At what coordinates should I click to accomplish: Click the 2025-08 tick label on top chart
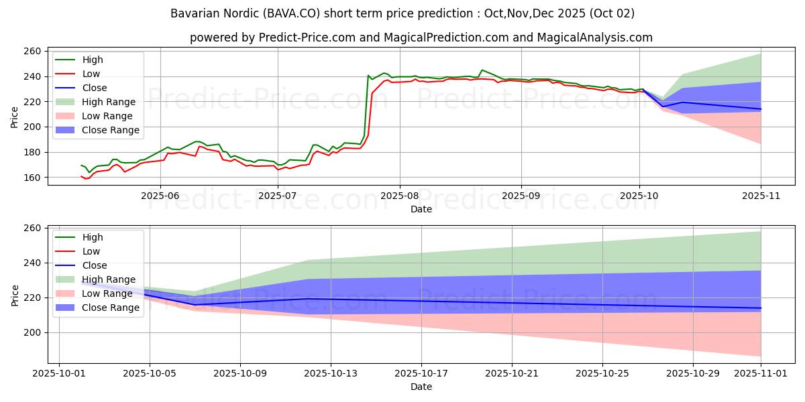pos(399,196)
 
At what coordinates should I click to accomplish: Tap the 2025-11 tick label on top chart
pos(761,196)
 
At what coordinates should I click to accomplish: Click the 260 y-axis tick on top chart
pos(32,51)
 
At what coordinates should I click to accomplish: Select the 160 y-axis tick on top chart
pos(32,178)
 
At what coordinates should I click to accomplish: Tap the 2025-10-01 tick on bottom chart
pos(59,374)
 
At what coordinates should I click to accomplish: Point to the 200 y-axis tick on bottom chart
pos(32,332)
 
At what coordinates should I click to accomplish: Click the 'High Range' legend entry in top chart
pos(108,102)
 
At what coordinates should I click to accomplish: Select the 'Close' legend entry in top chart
pos(93,88)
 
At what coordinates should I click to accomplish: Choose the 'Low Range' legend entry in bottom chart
pos(107,293)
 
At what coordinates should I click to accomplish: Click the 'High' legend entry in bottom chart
pos(92,237)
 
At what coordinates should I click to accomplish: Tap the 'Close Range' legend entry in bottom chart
pos(110,308)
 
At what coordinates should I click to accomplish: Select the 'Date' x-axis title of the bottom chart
pos(421,387)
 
